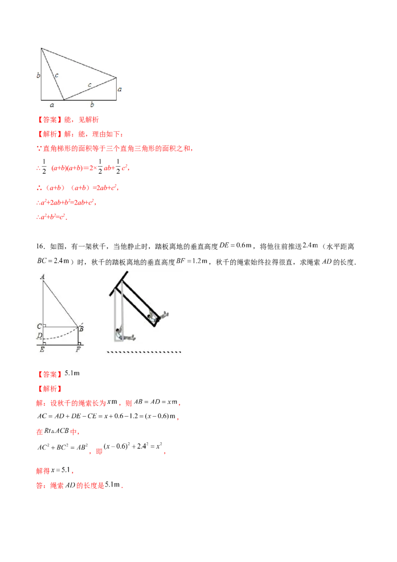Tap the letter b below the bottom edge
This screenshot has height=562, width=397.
point(91,104)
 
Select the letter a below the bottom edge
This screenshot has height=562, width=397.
point(52,104)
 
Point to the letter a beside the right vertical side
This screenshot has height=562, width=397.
point(121,90)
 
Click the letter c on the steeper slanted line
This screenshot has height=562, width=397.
point(56,75)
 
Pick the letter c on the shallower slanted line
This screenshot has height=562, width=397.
point(89,85)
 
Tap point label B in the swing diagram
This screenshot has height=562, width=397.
point(81,328)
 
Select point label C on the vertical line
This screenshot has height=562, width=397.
point(39,326)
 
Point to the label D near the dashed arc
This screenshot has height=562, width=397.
point(39,336)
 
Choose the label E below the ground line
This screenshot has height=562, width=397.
point(42,350)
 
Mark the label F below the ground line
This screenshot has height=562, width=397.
point(78,350)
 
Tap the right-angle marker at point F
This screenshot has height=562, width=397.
point(77,342)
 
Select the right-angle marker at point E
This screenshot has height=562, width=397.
point(45,342)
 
